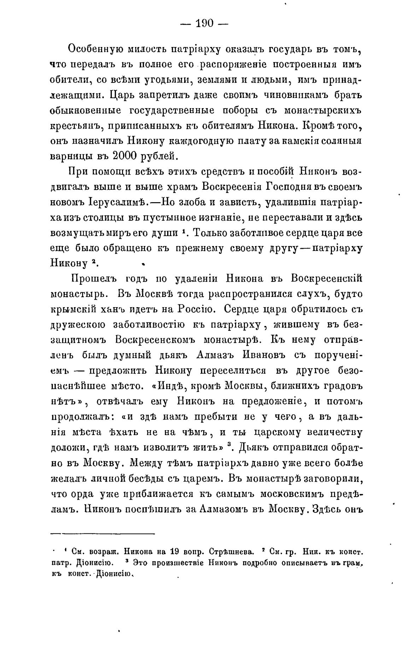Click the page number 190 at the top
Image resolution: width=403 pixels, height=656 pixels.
click(205, 23)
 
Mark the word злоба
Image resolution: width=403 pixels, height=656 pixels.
click(194, 203)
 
